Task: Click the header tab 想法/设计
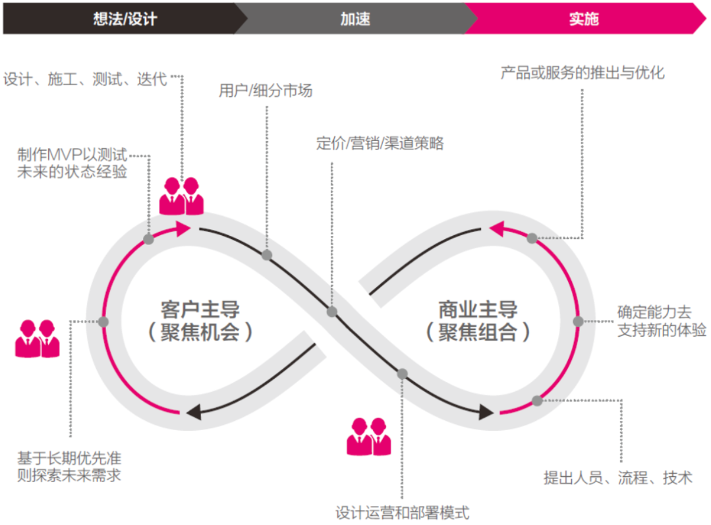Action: (125, 18)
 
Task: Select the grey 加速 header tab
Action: (355, 18)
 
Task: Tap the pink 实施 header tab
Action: (584, 18)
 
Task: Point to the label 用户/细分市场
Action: (266, 91)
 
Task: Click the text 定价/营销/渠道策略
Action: (380, 143)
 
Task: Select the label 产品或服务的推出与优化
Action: (583, 72)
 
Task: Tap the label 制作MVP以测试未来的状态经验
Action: (72, 164)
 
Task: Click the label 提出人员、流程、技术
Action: (618, 478)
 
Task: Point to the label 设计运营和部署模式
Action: (402, 512)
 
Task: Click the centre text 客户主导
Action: (200, 310)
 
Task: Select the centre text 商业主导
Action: (478, 310)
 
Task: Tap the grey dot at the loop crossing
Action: (332, 312)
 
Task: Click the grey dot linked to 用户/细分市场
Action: (266, 255)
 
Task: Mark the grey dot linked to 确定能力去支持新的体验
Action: (578, 321)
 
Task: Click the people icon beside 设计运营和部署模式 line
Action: (369, 436)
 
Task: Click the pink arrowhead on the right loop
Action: (497, 229)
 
